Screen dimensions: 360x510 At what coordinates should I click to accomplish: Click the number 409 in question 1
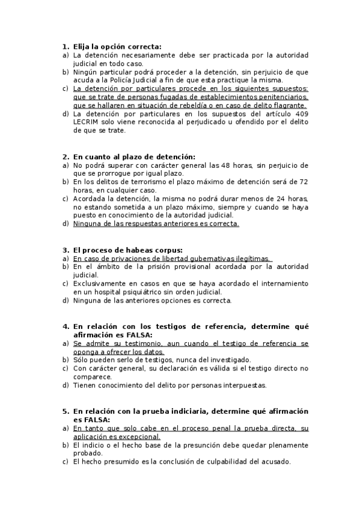(301, 114)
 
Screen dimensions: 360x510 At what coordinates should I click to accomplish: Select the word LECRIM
(86, 122)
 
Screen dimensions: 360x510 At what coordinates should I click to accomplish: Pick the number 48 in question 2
(219, 165)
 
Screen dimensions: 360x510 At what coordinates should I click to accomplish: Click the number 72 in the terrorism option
(304, 181)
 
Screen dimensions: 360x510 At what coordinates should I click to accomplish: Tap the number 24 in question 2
(276, 198)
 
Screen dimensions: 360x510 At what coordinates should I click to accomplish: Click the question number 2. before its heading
(66, 156)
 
